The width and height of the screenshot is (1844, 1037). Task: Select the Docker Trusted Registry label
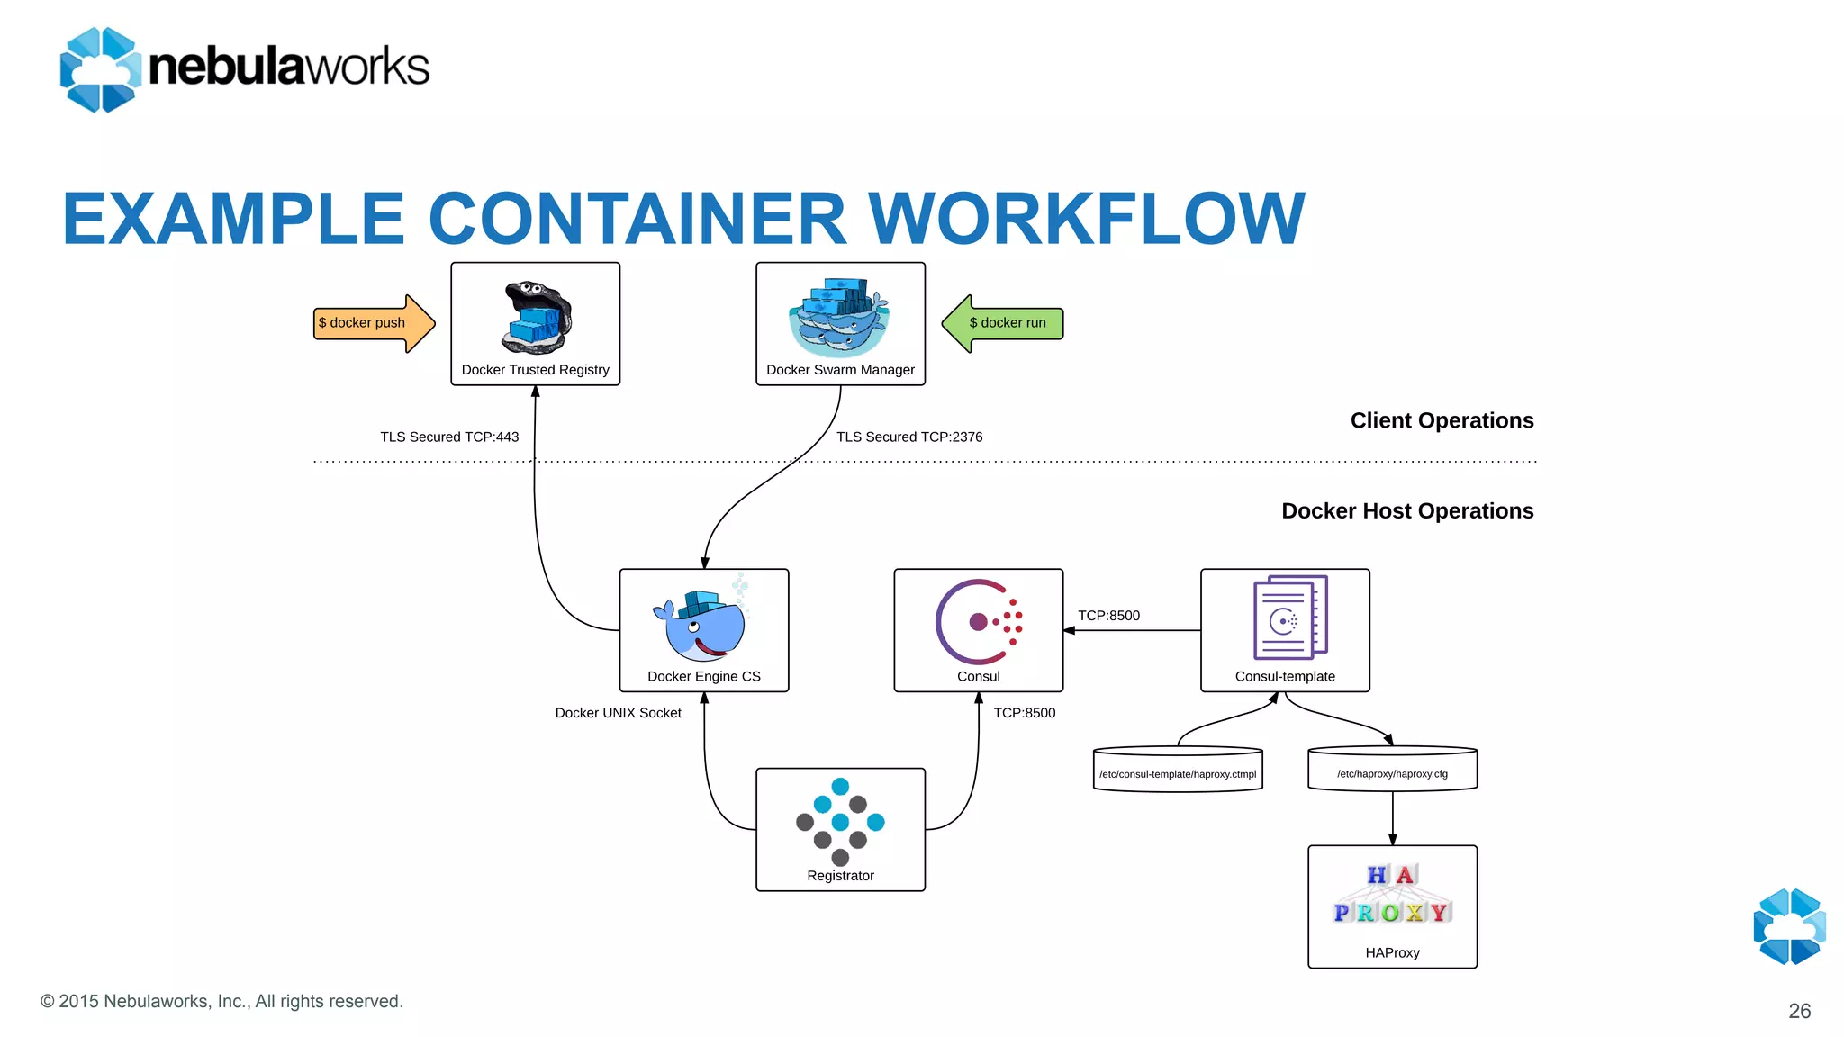[x=535, y=370]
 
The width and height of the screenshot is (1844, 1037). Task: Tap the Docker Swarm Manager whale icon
[x=839, y=318]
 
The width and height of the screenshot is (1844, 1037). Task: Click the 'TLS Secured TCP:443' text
[x=449, y=437]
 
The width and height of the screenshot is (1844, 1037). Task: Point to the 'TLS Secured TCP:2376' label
[x=909, y=437]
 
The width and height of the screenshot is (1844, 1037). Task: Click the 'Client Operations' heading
[x=1442, y=421]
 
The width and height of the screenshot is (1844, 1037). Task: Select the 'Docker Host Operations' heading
[x=1407, y=511]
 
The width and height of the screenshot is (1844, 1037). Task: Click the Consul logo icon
[x=978, y=621]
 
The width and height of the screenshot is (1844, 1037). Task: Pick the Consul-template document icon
[x=1289, y=618]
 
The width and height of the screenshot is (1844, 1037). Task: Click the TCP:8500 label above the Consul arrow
[x=1108, y=616]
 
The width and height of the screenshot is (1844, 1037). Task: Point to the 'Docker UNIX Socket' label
[x=618, y=713]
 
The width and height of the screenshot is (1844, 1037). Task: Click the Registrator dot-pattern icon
[x=840, y=821]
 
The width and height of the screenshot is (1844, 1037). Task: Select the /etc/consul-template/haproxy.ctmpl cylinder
[x=1177, y=771]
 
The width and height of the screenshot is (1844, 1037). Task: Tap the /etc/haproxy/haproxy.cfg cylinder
[x=1392, y=771]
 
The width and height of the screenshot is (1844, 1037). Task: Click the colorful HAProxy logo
[x=1392, y=896]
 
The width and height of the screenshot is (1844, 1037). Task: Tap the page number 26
[x=1799, y=1011]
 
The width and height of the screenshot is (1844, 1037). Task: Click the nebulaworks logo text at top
[x=288, y=68]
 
